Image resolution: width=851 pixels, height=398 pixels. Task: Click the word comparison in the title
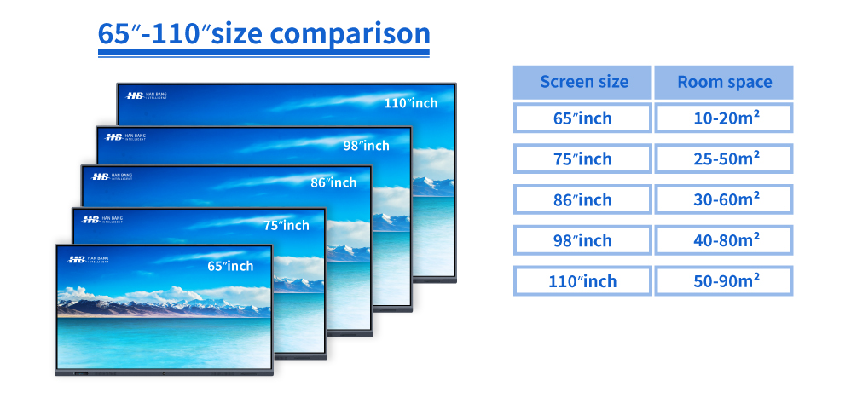click(x=350, y=33)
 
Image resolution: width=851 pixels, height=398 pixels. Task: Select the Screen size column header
click(x=582, y=83)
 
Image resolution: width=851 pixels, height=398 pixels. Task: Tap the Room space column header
click(x=724, y=83)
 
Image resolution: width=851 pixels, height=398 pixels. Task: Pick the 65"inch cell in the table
click(x=582, y=118)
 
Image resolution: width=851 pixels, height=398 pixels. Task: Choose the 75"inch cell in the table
click(x=582, y=159)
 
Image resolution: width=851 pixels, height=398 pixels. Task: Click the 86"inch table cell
click(x=582, y=199)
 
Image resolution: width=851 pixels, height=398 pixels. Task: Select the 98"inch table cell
click(x=582, y=240)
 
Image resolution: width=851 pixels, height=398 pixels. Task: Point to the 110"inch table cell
click(x=582, y=281)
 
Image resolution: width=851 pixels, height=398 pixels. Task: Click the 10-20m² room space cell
click(x=724, y=118)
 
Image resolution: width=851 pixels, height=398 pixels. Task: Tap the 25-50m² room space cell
click(x=724, y=159)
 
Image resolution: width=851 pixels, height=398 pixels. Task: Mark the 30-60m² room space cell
click(x=724, y=199)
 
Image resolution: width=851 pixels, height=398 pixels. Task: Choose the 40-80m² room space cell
click(x=724, y=240)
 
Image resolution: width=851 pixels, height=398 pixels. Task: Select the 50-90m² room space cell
click(x=724, y=281)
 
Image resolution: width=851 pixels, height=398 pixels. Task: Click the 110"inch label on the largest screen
click(x=411, y=103)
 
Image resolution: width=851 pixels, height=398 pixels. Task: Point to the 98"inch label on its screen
click(x=367, y=146)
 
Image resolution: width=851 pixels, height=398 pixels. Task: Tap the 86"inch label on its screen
click(x=333, y=182)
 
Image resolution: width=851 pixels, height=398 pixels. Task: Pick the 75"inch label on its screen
click(x=287, y=226)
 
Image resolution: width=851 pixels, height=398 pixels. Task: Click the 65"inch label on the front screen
click(x=230, y=266)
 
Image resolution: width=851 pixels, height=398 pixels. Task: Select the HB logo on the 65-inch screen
click(x=77, y=260)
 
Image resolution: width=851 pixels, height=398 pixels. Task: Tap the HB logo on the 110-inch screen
click(x=135, y=95)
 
